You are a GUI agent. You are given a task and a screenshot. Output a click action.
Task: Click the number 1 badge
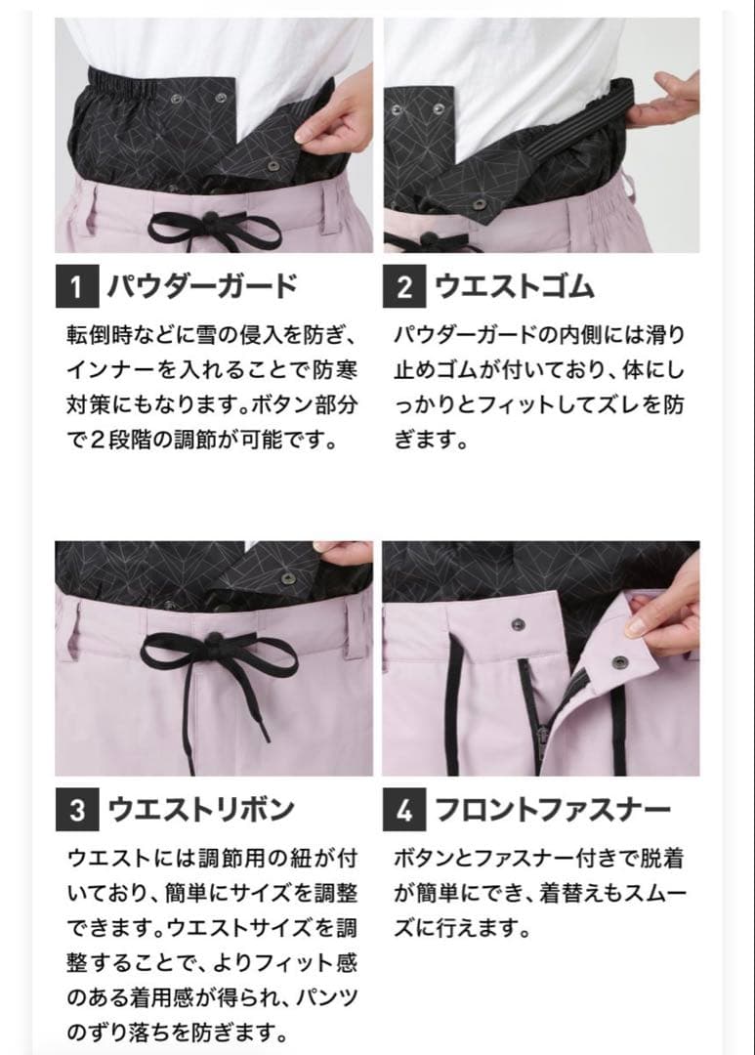[x=76, y=286]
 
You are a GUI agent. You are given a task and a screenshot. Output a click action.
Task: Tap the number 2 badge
[x=404, y=286]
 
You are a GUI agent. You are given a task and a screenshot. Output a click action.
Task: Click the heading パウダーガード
[x=200, y=286]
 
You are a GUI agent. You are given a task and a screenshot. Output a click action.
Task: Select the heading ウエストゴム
[x=514, y=286]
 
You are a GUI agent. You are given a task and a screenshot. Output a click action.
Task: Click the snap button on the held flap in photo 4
[x=618, y=662]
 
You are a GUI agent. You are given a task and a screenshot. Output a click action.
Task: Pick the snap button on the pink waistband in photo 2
[x=480, y=202]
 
